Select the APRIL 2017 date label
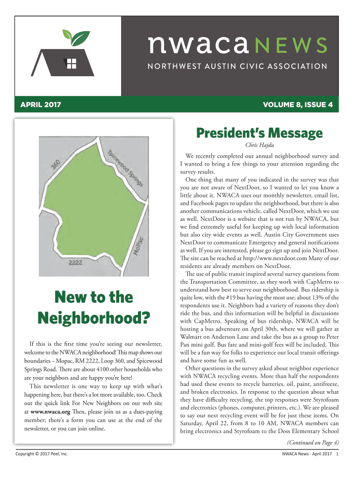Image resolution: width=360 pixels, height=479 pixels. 41,104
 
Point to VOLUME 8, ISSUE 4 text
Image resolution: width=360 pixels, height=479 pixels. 297,104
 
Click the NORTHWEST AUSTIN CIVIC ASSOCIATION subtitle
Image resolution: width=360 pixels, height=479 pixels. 238,66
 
